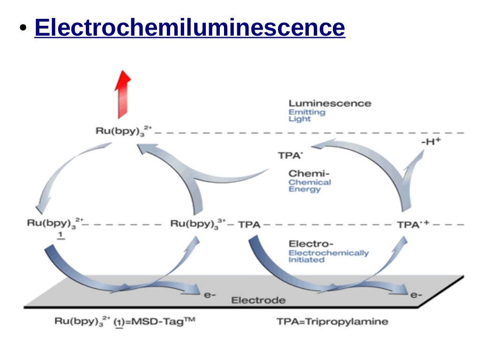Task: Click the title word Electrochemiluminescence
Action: tap(190, 28)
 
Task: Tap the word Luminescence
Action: tap(330, 103)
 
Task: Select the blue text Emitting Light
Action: tap(307, 115)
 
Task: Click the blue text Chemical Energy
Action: tap(309, 186)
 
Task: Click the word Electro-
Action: tap(311, 244)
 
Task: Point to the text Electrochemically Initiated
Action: tap(328, 256)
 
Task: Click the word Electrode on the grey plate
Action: tap(258, 300)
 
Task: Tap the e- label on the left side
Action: tap(210, 296)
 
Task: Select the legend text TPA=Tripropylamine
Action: tap(332, 322)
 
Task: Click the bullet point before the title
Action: tap(22, 29)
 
